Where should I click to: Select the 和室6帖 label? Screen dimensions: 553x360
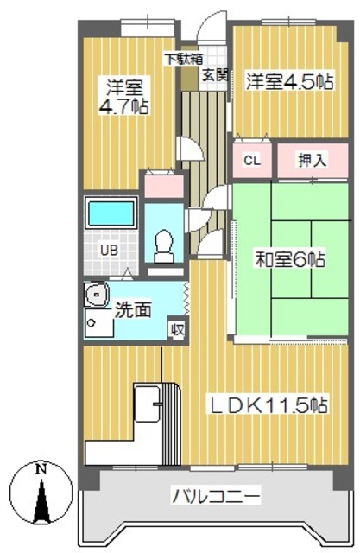288,257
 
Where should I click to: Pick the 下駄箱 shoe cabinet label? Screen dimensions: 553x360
184,60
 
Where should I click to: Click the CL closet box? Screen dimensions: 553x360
251,160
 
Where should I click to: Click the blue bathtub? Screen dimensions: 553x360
111,213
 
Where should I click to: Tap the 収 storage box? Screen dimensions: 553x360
177,328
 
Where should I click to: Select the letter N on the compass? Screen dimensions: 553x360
39,470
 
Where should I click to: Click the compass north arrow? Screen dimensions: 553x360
39,501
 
